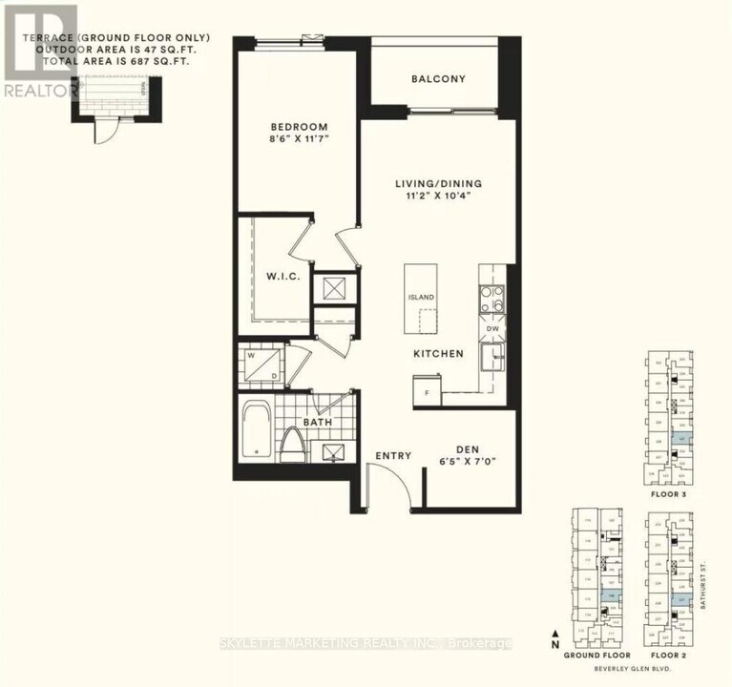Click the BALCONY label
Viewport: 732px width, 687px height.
[438, 78]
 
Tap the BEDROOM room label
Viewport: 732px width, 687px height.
[299, 127]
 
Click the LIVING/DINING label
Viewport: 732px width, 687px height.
[439, 183]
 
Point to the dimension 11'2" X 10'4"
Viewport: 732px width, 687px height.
[439, 198]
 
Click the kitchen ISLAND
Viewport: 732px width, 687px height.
[421, 298]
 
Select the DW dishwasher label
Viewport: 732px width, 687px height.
[493, 328]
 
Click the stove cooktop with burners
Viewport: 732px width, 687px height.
[491, 299]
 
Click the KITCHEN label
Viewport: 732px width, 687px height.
[438, 354]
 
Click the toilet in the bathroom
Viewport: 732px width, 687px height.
[292, 446]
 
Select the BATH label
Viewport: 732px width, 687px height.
[317, 420]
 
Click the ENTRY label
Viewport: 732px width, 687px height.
[393, 456]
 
